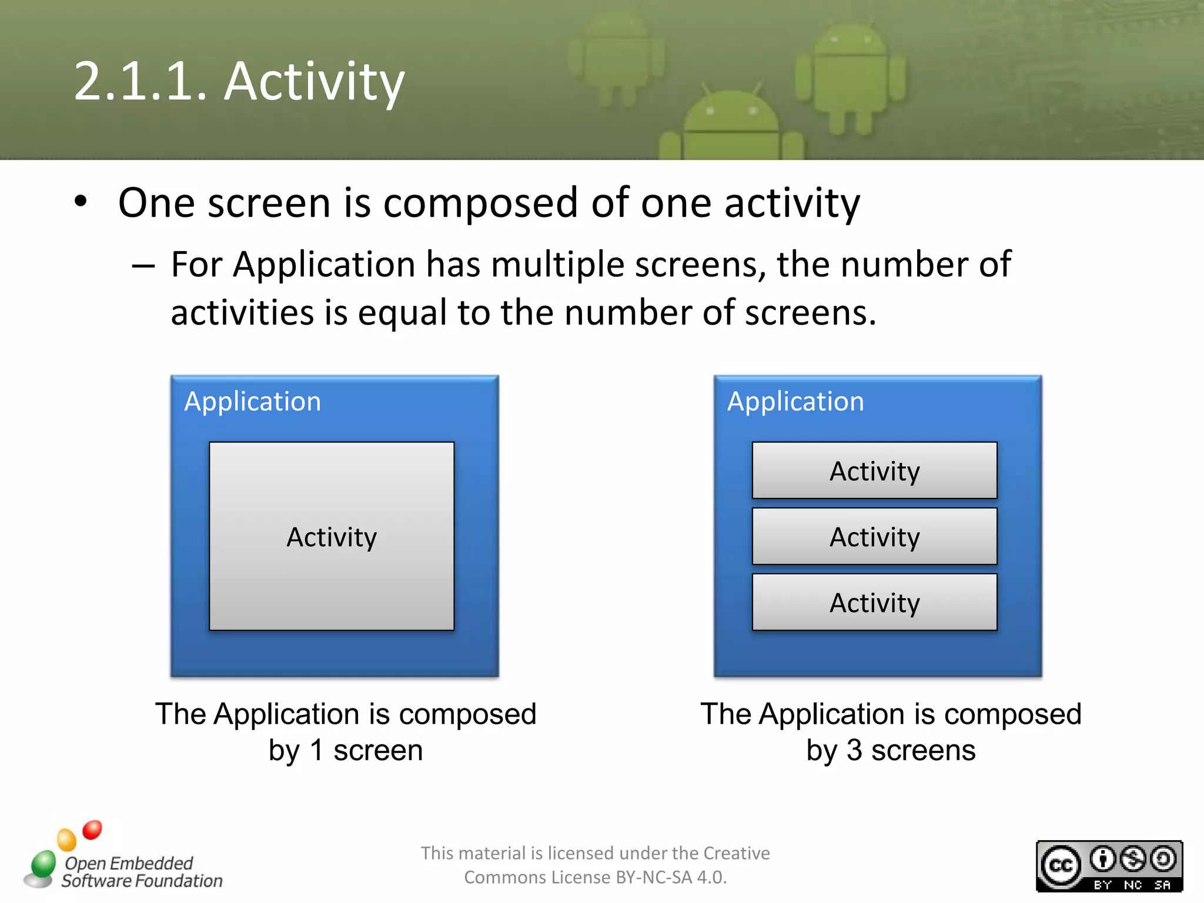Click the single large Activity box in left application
point(332,536)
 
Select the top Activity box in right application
point(874,471)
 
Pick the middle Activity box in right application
point(874,536)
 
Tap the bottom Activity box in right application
point(874,603)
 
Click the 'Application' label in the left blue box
point(253,402)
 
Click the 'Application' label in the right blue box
point(795,402)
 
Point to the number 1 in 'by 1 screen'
point(316,750)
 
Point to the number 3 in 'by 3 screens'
point(854,750)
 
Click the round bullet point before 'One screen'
point(81,202)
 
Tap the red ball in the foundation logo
point(92,830)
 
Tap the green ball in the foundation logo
point(44,863)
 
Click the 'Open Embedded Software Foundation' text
point(141,872)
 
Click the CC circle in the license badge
point(1061,865)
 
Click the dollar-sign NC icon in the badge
point(1132,859)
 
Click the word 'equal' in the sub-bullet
point(403,313)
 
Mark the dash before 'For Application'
point(143,266)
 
